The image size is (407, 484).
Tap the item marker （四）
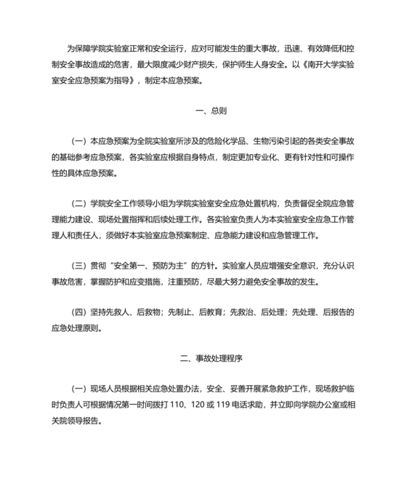point(77,312)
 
